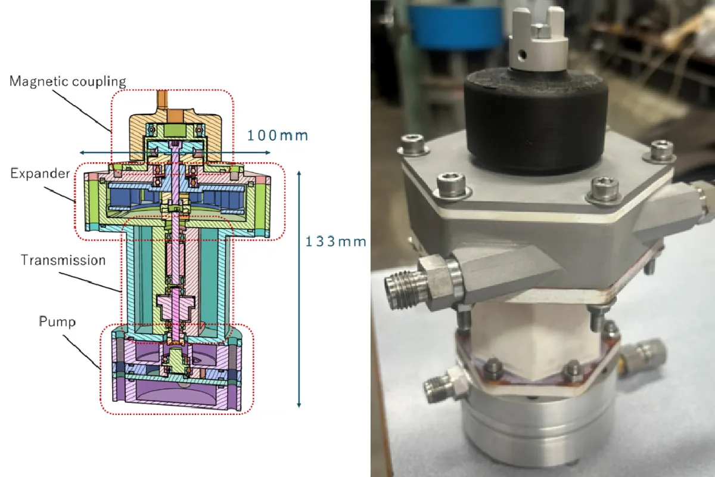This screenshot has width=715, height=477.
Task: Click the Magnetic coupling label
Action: pyautogui.click(x=68, y=81)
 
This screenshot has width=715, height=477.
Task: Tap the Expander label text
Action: pyautogui.click(x=41, y=174)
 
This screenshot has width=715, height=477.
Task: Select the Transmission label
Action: pyautogui.click(x=63, y=260)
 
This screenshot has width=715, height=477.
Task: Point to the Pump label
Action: pyautogui.click(x=57, y=321)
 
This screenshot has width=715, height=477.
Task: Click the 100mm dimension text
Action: pyautogui.click(x=278, y=135)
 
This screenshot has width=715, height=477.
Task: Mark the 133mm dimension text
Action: pyautogui.click(x=336, y=241)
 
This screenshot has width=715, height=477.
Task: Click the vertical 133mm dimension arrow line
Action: pyautogui.click(x=299, y=289)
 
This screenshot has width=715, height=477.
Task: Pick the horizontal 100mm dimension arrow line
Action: pyautogui.click(x=175, y=153)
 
